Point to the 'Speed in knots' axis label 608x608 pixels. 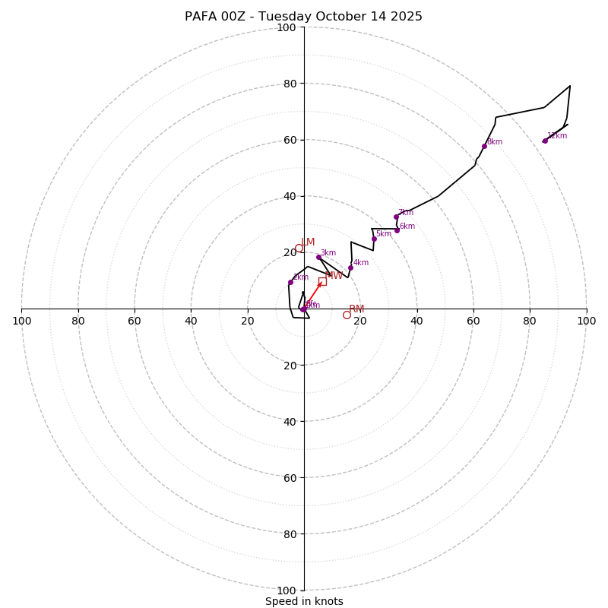(x=304, y=601)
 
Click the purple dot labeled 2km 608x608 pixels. (x=290, y=282)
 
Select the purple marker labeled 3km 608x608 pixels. (x=318, y=257)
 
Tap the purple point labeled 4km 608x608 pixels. (x=350, y=268)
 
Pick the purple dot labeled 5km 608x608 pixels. (x=374, y=239)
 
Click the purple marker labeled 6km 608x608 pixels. (x=397, y=230)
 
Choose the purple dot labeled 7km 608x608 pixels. (x=396, y=217)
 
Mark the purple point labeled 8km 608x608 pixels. (x=484, y=146)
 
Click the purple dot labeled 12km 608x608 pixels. (x=545, y=141)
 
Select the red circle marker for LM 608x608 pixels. (x=299, y=248)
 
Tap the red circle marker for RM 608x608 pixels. (x=347, y=315)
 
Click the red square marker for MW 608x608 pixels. (x=322, y=281)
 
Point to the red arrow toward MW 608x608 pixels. (x=312, y=296)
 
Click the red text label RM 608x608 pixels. (x=356, y=309)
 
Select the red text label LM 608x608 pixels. (x=308, y=242)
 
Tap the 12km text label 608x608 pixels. (x=557, y=136)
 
